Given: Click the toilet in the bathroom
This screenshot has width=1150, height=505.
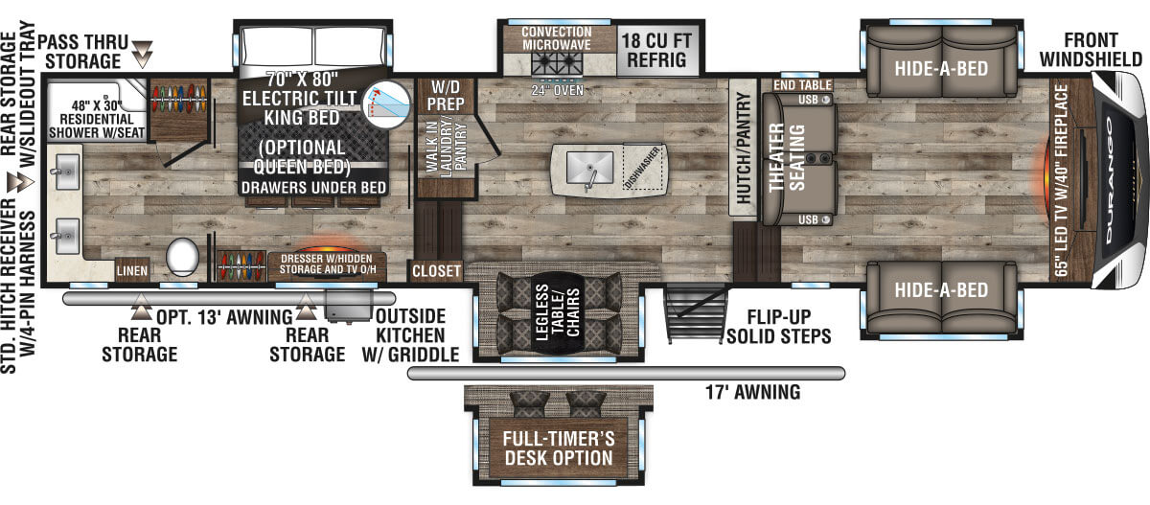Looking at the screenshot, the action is click(182, 257).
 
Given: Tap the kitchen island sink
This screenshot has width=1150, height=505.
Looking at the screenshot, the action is click(589, 168).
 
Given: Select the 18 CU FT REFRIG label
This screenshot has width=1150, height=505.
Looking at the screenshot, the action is click(656, 50).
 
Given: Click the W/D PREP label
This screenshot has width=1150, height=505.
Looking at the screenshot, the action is click(445, 95).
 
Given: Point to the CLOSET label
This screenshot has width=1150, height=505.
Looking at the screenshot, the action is click(436, 271).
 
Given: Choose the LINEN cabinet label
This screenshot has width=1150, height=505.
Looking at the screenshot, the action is click(132, 270).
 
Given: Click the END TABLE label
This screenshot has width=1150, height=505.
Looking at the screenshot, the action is click(802, 85).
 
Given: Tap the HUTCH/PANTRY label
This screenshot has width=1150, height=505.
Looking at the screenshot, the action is click(743, 148).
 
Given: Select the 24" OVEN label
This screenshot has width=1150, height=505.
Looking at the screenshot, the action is click(558, 90).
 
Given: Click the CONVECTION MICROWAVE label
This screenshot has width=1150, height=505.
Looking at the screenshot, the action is click(557, 38).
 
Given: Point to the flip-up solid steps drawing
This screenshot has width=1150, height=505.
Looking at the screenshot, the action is click(696, 314).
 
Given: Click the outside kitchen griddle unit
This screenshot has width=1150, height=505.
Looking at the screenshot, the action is click(349, 306).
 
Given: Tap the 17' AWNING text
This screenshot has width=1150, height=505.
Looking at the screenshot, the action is click(752, 392).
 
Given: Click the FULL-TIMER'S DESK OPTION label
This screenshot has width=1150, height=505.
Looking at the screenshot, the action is click(559, 448).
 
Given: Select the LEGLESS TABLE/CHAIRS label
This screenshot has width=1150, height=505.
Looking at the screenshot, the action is click(557, 312).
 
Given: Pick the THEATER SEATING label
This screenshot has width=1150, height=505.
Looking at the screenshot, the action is click(786, 157).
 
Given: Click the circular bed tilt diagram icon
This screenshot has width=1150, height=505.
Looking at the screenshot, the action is click(386, 105).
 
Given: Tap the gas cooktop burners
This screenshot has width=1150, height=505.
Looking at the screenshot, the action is click(557, 64).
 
